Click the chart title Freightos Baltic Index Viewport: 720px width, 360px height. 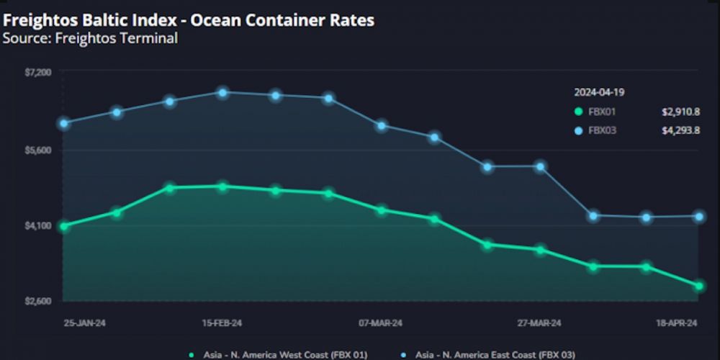[189, 20]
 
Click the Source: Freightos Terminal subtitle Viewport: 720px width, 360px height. [90, 39]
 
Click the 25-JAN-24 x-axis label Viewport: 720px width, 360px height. [84, 323]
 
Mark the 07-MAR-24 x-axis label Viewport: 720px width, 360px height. [380, 323]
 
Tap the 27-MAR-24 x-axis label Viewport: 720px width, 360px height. [539, 323]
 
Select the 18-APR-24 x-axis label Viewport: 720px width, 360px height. [676, 323]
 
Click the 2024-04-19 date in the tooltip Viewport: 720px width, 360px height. [599, 92]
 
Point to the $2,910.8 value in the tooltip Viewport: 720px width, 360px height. [680, 112]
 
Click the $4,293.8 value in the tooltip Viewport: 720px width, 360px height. [680, 130]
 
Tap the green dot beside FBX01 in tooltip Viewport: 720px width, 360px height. [577, 112]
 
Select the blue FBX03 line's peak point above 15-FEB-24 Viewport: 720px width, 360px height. [223, 92]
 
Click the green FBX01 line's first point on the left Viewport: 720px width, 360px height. [65, 226]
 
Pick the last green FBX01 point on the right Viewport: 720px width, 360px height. [698, 287]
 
